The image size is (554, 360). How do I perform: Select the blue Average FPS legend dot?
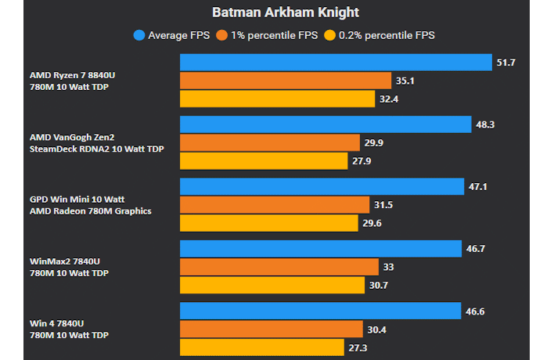(139, 35)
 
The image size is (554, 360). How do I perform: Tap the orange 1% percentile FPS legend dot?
(222, 35)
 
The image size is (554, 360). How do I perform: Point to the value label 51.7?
(505, 62)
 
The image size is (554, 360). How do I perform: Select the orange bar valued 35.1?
(286, 81)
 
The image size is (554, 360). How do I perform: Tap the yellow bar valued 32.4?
(278, 99)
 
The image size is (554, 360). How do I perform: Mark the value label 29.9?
(373, 142)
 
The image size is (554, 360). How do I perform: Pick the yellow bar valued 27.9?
(264, 160)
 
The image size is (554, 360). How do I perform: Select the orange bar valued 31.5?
(275, 204)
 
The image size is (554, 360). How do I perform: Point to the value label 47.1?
(479, 187)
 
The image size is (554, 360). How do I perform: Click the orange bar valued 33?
(279, 267)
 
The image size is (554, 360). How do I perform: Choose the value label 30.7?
(379, 285)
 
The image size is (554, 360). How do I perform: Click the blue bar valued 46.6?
(320, 311)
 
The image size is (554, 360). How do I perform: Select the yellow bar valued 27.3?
(262, 347)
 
